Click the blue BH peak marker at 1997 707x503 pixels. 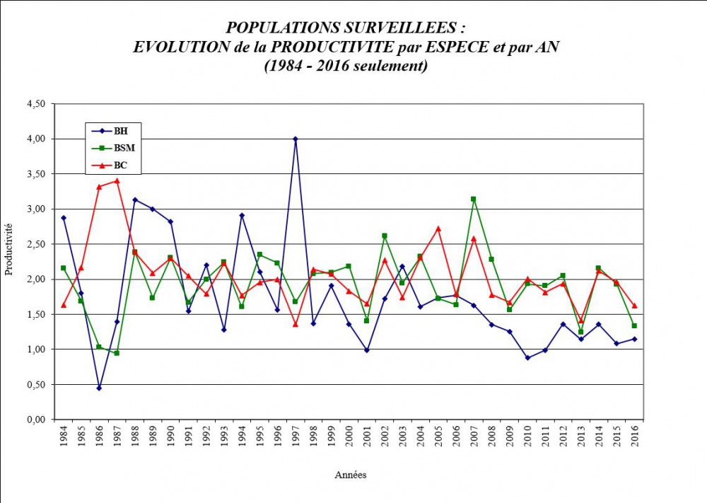point(295,139)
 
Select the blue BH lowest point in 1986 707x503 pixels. point(99,388)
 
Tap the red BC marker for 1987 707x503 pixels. point(117,181)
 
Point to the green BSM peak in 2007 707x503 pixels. point(474,200)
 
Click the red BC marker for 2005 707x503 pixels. point(438,229)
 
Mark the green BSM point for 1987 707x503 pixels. point(117,352)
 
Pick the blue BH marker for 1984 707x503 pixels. point(63,218)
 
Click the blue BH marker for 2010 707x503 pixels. point(527,358)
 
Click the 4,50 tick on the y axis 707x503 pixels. point(35,104)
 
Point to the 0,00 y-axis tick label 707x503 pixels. point(35,420)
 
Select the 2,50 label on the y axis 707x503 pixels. point(35,244)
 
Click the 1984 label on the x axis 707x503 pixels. point(63,441)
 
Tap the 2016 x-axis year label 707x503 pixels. point(634,441)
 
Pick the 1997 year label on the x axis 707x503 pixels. point(295,441)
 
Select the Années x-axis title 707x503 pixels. point(351,475)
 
